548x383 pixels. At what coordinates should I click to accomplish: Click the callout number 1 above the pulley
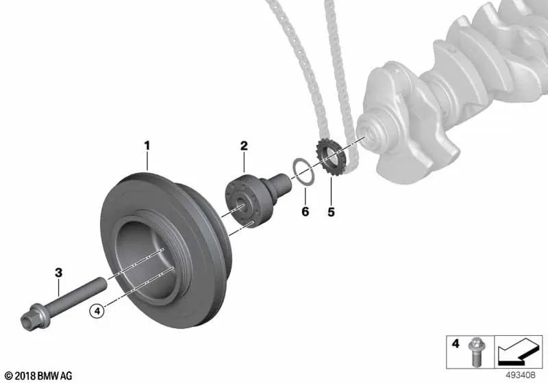[x=145, y=145]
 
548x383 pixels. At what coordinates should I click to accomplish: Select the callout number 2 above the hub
[x=243, y=146]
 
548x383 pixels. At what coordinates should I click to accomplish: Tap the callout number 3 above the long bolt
[x=59, y=273]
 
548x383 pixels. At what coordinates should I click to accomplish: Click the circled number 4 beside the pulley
[x=97, y=311]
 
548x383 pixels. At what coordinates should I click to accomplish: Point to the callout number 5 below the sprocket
[x=331, y=212]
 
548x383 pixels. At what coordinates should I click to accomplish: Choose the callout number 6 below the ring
[x=306, y=212]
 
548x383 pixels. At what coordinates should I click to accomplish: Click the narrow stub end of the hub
[x=282, y=185]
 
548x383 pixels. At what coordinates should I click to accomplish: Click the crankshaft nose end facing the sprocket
[x=371, y=135]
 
